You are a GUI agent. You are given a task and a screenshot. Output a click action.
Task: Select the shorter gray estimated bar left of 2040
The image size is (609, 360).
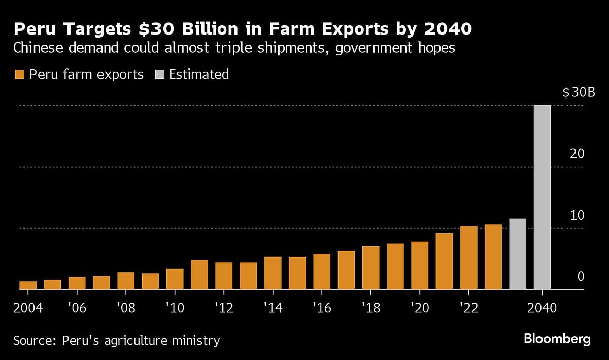click(x=518, y=254)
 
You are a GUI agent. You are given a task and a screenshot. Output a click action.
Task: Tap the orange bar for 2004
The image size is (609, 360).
click(x=28, y=285)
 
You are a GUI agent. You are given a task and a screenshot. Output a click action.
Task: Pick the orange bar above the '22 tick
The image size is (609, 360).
click(x=468, y=258)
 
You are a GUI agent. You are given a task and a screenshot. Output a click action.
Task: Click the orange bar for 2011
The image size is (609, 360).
click(x=199, y=275)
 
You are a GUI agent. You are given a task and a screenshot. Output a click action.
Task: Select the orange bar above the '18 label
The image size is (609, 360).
click(x=370, y=268)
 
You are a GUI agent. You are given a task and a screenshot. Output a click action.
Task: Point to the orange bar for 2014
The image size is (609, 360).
click(x=273, y=273)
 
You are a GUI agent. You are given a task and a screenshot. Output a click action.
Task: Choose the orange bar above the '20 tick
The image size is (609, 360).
click(x=420, y=266)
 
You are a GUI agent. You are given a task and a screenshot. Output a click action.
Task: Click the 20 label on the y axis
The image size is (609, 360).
click(x=577, y=154)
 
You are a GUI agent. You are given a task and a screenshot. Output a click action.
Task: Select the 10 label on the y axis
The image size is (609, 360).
click(x=577, y=215)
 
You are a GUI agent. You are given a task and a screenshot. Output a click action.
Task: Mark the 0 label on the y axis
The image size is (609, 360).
click(x=581, y=277)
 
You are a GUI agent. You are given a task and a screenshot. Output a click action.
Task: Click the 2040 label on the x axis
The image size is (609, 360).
click(x=543, y=308)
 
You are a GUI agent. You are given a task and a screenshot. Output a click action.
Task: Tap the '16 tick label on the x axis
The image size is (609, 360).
click(x=322, y=308)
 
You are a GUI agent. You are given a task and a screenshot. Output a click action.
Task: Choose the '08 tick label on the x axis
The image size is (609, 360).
click(x=125, y=308)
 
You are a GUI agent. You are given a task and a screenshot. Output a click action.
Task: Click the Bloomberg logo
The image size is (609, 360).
click(x=557, y=339)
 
